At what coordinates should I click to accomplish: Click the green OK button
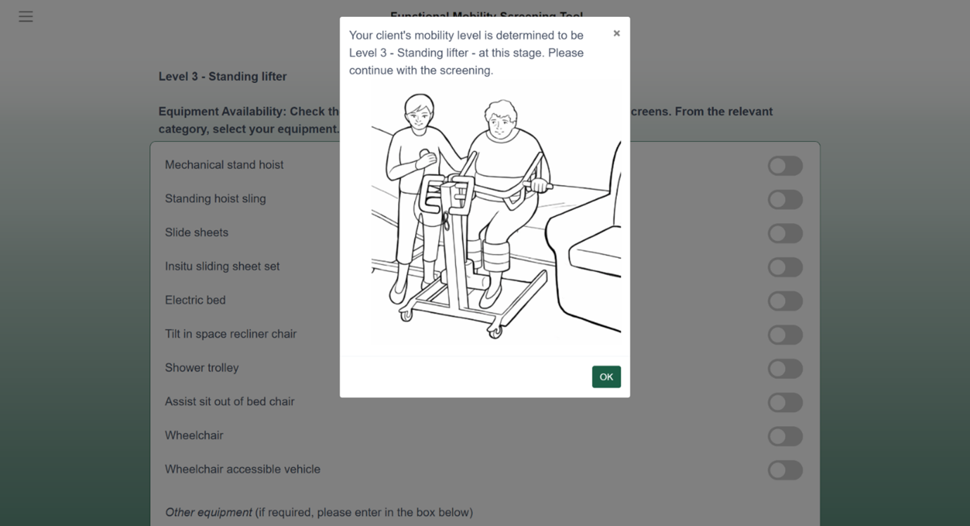(606, 377)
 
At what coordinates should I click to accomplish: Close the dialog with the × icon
(616, 33)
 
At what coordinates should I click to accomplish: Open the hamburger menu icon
(26, 16)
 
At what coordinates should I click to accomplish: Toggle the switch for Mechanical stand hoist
(785, 166)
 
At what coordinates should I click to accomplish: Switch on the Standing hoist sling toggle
(785, 200)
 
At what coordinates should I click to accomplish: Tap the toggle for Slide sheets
(785, 233)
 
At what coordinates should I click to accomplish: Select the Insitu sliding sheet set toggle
(785, 267)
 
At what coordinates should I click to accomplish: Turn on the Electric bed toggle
(785, 301)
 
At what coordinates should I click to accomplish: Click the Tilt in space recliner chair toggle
(785, 335)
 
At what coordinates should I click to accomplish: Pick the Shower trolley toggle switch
(785, 368)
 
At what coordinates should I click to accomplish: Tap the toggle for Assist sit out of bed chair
(785, 402)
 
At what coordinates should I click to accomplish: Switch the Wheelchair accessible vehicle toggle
(785, 470)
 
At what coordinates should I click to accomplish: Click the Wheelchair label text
(194, 435)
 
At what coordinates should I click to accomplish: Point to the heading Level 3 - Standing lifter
(222, 77)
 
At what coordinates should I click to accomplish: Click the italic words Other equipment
(208, 512)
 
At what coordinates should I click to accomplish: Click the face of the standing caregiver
(419, 114)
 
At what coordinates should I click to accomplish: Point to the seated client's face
(500, 122)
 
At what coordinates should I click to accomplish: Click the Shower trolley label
(202, 368)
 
